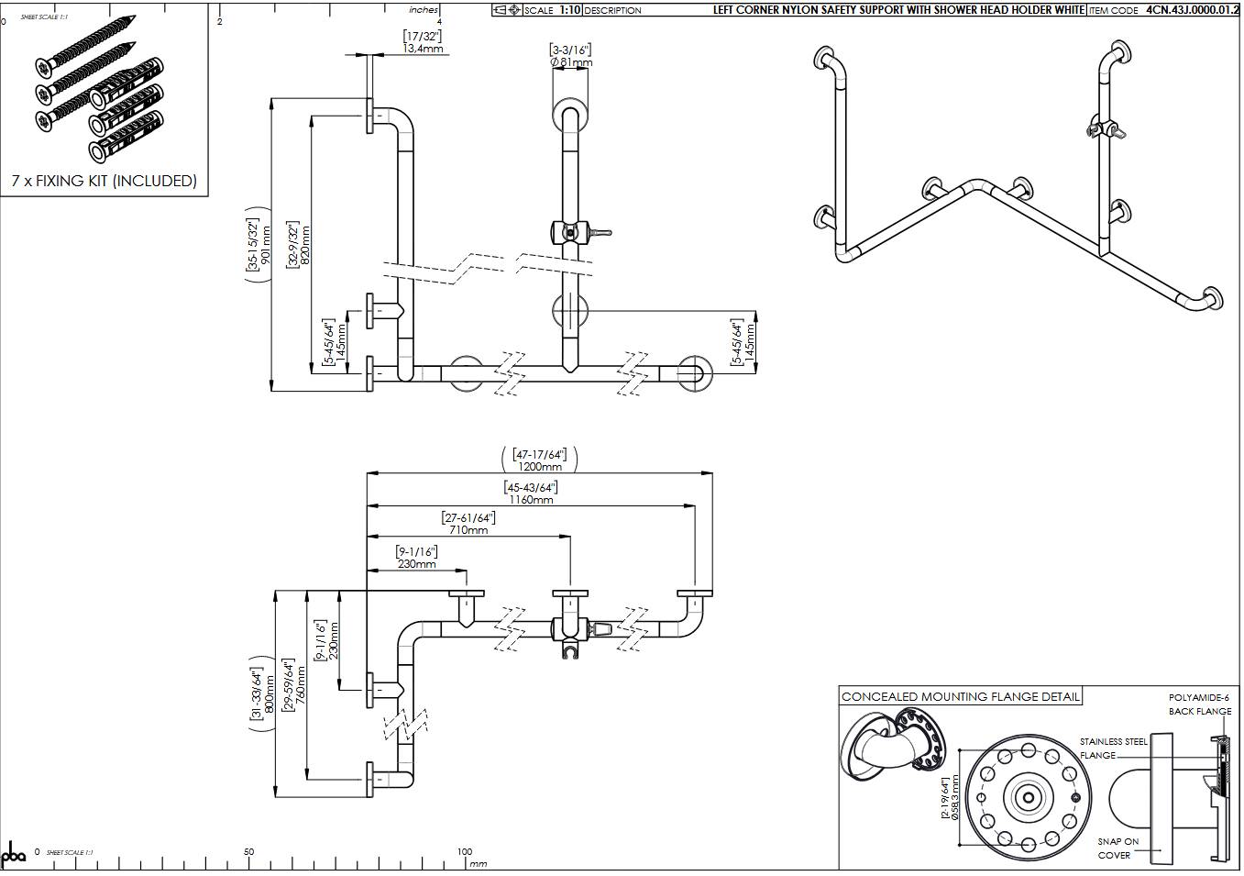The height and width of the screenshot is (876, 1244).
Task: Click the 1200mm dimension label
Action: [540, 467]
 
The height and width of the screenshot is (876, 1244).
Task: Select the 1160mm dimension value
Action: [531, 500]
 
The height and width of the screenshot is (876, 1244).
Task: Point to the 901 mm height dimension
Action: [267, 244]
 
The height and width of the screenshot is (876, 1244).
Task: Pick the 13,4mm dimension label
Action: [424, 49]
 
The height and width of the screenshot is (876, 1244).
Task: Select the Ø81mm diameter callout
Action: [571, 62]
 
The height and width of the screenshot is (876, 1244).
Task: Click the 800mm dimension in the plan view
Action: [270, 694]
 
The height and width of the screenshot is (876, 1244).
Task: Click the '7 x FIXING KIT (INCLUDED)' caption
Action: [104, 182]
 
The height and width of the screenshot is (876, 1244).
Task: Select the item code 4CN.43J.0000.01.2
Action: [1192, 10]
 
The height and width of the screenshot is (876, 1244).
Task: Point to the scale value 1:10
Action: [568, 10]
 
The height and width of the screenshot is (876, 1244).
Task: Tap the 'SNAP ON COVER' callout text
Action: [1117, 848]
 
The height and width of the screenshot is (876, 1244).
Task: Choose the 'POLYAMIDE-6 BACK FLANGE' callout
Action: [1199, 704]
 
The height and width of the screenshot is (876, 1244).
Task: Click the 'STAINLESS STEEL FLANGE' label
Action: [1112, 748]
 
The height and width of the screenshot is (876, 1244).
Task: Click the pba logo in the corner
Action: [15, 855]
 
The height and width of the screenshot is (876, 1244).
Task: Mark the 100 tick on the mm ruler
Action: [465, 852]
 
